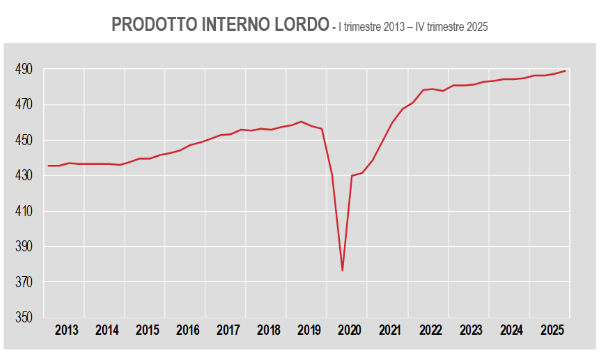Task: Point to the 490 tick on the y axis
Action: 26,69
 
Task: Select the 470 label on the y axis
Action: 26,105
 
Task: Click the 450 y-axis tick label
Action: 26,140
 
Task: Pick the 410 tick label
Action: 26,212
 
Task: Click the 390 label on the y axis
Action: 26,247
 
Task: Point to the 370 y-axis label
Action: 26,283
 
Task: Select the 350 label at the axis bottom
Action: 26,318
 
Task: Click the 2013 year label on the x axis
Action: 67,330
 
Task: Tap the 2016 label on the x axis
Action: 187,330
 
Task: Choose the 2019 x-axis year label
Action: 309,330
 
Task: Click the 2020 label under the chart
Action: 349,330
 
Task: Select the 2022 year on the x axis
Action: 430,330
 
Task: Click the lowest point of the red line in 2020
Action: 342,271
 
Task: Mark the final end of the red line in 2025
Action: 566,71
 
